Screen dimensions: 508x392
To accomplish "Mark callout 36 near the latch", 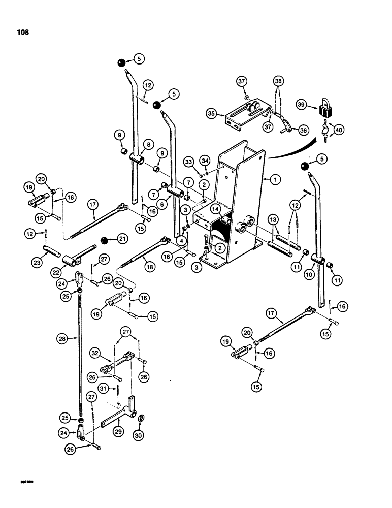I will coord(304,130).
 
